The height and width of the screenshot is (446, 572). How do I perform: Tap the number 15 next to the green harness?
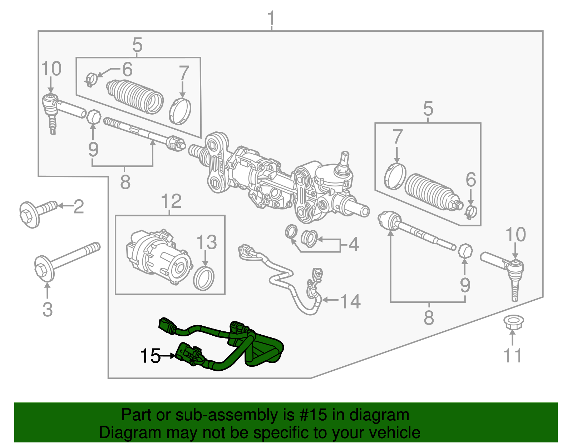click(x=150, y=356)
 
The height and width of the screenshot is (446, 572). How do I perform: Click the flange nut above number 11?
click(x=512, y=322)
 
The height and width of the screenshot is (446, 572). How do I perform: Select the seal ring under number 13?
click(x=204, y=278)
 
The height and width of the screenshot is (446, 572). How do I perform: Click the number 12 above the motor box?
click(x=171, y=201)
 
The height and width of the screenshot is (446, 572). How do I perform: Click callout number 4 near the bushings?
click(x=353, y=244)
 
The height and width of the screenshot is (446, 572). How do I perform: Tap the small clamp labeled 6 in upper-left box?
click(x=92, y=79)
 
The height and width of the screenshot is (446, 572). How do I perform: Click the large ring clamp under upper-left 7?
click(x=180, y=111)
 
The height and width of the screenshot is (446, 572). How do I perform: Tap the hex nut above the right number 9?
click(x=465, y=251)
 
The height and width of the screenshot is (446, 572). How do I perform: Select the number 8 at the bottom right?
click(x=429, y=317)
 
